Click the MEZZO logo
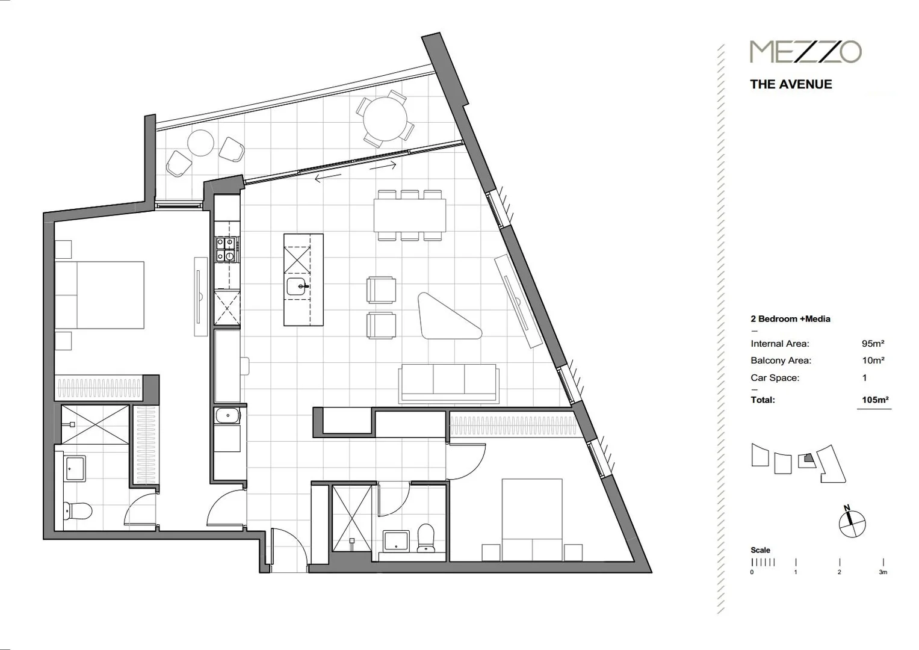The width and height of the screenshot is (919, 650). coord(805,52)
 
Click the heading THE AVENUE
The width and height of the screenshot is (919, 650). coord(791,84)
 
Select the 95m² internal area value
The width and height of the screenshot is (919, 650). coord(873,344)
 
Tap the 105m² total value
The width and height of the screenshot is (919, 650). coord(875,400)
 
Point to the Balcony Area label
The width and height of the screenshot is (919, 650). coord(781,361)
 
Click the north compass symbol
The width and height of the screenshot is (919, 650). coord(852,523)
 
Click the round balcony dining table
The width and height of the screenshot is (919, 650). coord(385,119)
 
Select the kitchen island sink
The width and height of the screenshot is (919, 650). coord(297,286)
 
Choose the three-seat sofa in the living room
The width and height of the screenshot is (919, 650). coord(448,383)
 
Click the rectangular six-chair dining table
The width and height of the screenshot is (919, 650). coord(409,215)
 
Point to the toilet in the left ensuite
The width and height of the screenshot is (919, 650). coord(76,512)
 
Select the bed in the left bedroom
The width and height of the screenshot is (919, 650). coord(99,295)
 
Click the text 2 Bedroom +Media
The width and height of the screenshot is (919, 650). coord(790,319)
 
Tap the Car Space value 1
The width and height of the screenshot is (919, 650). coord(865,378)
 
